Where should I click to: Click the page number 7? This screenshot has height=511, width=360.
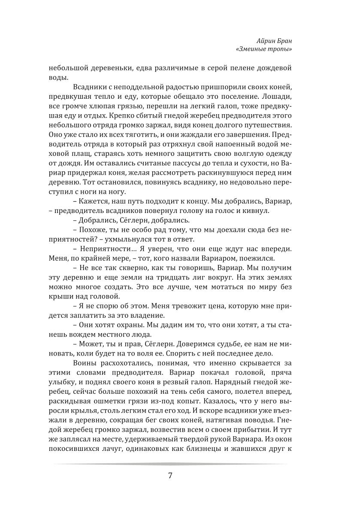170,476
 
